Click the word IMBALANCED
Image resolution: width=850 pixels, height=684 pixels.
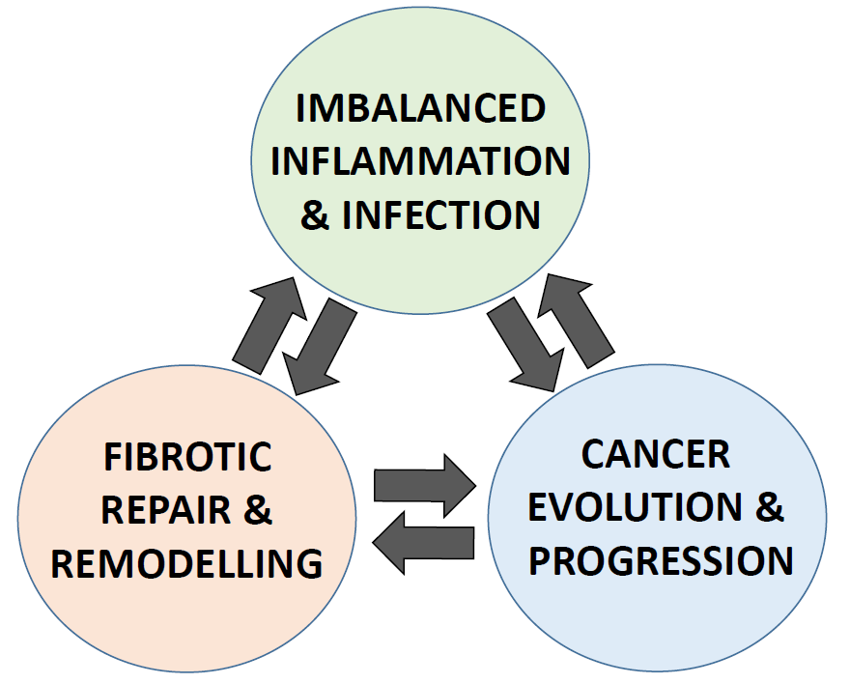click(x=421, y=108)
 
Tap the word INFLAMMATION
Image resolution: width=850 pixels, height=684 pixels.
click(x=421, y=161)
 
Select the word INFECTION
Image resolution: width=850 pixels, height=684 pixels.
click(x=441, y=214)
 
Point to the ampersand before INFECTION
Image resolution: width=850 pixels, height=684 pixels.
click(x=315, y=215)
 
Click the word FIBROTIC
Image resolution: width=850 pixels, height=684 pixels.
click(x=187, y=456)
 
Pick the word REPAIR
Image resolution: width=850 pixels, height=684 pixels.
click(x=166, y=510)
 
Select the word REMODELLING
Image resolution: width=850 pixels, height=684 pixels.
click(x=187, y=563)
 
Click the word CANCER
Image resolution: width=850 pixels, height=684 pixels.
click(x=656, y=454)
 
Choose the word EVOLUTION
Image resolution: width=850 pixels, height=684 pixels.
click(x=635, y=507)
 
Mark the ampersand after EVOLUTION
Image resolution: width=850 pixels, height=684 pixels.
click(x=769, y=507)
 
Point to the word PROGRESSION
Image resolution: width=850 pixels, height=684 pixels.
click(x=661, y=560)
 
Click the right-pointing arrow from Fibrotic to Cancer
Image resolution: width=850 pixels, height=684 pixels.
click(x=425, y=486)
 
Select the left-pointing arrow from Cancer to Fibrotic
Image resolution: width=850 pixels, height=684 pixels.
click(x=423, y=543)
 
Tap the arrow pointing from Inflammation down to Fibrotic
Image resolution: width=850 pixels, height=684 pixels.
click(x=320, y=347)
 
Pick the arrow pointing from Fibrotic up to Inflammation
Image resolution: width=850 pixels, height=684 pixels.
click(x=269, y=326)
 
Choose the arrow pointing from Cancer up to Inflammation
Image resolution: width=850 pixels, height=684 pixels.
click(x=576, y=321)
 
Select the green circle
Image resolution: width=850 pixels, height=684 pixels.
click(x=420, y=161)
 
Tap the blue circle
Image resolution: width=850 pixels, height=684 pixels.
click(x=658, y=518)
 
